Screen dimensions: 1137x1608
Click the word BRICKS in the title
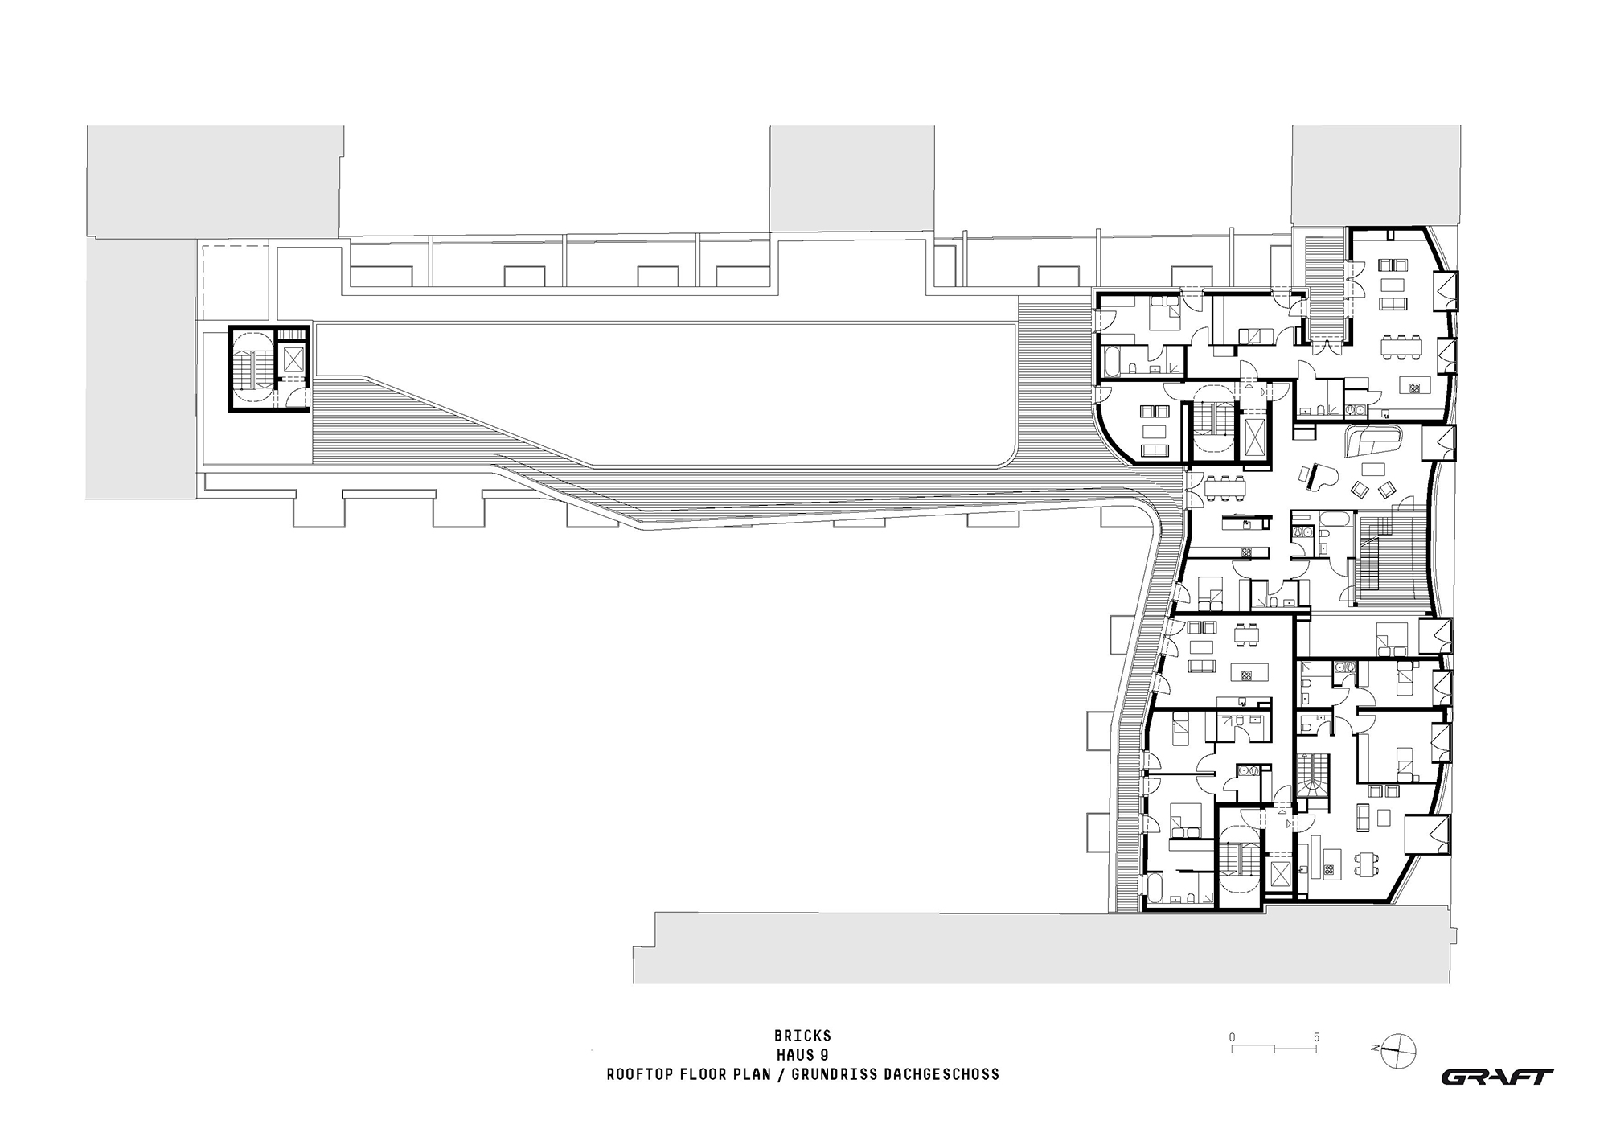[802, 1036]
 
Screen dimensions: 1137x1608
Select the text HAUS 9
[802, 1055]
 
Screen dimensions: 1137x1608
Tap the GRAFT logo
[1496, 1077]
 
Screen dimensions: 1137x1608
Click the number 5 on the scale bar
[1316, 1037]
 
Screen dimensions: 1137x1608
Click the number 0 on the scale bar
[1232, 1037]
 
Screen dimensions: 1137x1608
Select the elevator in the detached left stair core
[293, 359]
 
